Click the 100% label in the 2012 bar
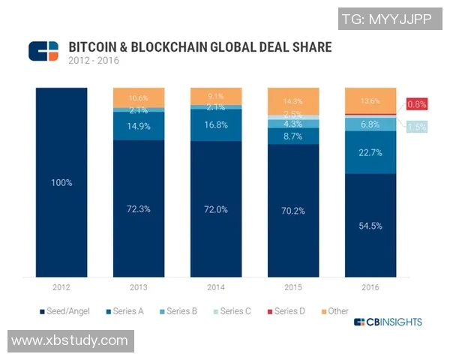62,182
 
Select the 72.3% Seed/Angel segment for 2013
139,208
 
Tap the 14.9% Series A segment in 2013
139,126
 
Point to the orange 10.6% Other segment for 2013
139,97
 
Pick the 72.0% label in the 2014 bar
216,209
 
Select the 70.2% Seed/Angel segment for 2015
292,211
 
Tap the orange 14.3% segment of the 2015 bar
292,100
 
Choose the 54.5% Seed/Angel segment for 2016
370,226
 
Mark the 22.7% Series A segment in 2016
370,153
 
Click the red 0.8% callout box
417,103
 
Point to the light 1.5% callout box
417,127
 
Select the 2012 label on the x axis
61,287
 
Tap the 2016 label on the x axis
370,287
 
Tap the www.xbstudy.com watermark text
70,340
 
